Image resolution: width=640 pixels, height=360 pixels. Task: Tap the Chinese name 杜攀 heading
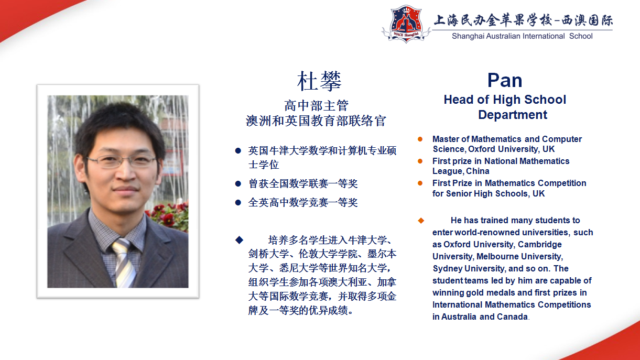coord(319,81)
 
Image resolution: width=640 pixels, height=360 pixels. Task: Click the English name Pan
coord(505,80)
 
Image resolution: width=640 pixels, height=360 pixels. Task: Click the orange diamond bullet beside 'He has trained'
coord(420,220)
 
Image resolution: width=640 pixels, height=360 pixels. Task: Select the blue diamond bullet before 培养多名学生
coord(239,240)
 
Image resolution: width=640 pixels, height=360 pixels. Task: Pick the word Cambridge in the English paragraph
coord(539,245)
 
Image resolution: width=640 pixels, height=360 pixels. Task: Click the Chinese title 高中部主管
coord(316,106)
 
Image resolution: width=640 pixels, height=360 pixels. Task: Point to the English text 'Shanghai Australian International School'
coord(522,36)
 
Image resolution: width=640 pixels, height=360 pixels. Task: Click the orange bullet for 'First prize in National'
coord(420,161)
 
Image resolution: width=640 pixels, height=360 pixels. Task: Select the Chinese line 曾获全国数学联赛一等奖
coord(302,184)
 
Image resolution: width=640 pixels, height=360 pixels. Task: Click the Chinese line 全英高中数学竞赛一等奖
coord(302,202)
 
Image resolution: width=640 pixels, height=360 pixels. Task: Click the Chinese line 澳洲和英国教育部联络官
coord(316,121)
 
